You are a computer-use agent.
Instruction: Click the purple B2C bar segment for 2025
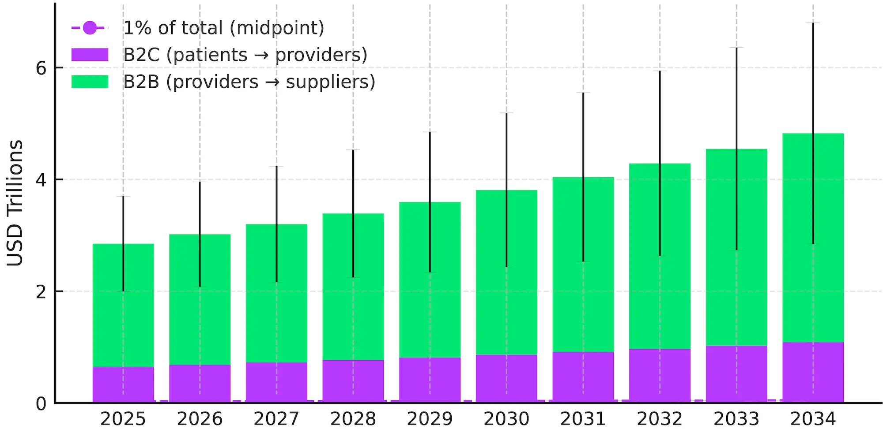click(123, 384)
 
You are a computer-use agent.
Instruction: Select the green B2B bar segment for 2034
click(813, 238)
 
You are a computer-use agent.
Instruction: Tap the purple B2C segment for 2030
click(506, 378)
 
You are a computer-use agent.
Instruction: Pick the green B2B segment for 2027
click(276, 293)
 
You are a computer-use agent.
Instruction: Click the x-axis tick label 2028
click(353, 418)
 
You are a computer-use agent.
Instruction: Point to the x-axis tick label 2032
click(660, 418)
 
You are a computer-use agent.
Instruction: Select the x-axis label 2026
click(200, 418)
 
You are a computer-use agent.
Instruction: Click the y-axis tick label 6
click(41, 68)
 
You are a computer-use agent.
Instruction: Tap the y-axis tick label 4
click(41, 180)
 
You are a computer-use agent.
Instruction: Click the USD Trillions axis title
click(15, 203)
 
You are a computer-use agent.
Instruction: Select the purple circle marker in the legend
click(90, 28)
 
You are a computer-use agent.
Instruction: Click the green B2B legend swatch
click(90, 82)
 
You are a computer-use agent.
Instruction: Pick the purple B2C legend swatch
click(90, 55)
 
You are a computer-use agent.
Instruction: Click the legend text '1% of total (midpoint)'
click(223, 28)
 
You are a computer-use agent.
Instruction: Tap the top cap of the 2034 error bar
click(813, 23)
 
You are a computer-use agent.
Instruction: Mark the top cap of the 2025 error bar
click(123, 196)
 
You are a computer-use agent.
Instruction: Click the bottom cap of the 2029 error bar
click(430, 272)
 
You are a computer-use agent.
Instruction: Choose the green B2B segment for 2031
click(583, 265)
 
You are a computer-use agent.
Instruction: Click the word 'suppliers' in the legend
click(330, 82)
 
